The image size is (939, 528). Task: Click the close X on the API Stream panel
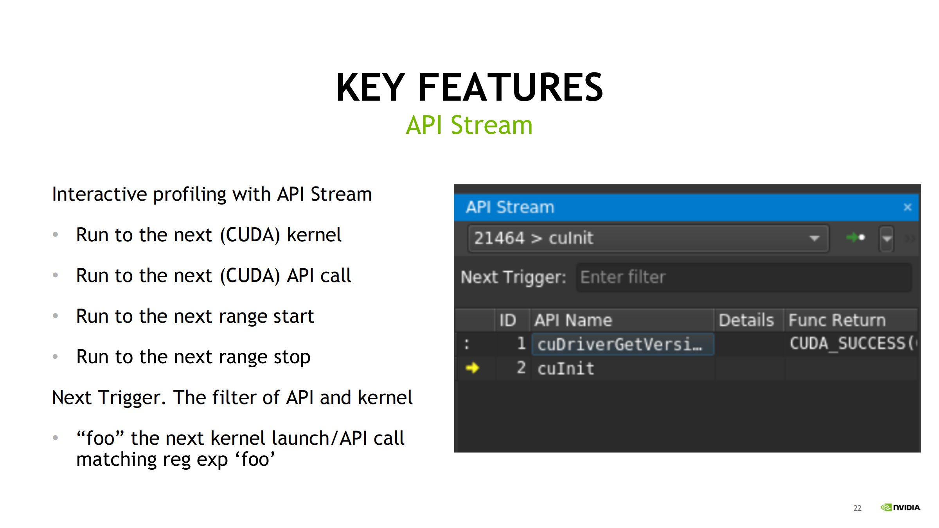pos(908,207)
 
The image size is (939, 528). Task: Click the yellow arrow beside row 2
pos(472,368)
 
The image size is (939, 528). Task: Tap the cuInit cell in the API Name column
pos(566,368)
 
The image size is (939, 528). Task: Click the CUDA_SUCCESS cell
pos(851,344)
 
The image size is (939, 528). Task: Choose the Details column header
pos(747,320)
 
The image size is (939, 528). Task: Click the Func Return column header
pos(837,320)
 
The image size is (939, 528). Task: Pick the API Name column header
pos(573,320)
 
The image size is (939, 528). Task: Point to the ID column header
pos(508,320)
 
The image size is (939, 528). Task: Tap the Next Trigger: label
pos(513,277)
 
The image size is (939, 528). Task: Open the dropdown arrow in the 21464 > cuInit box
pos(814,239)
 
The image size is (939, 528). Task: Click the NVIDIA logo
pos(901,507)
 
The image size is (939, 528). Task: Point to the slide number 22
pos(858,508)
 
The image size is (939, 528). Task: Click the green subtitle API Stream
pos(469,125)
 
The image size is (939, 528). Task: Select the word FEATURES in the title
pos(511,88)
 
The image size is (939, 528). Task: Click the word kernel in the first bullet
pos(314,235)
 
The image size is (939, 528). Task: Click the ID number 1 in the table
pos(521,344)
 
